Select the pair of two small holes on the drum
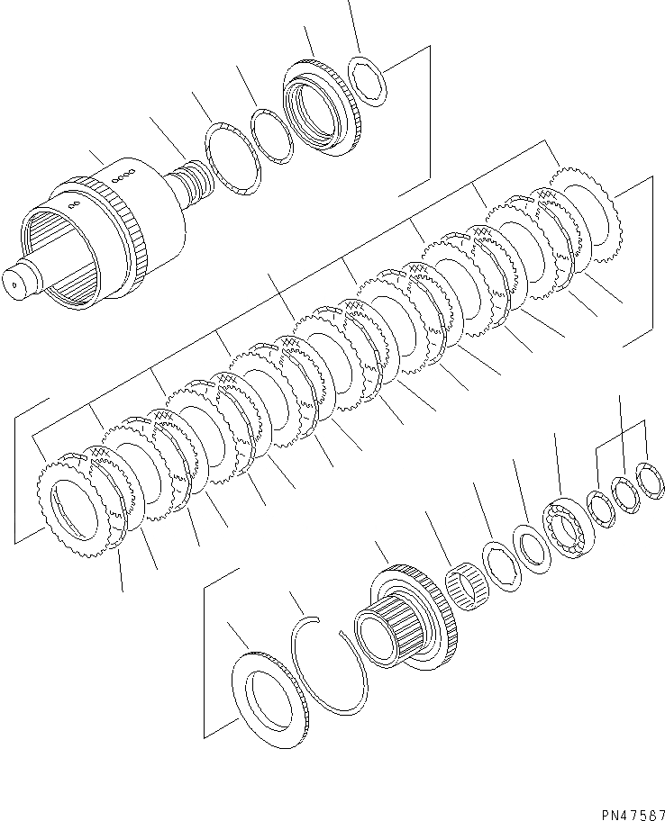pos(75,206)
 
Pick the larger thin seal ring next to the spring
pos(232,159)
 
